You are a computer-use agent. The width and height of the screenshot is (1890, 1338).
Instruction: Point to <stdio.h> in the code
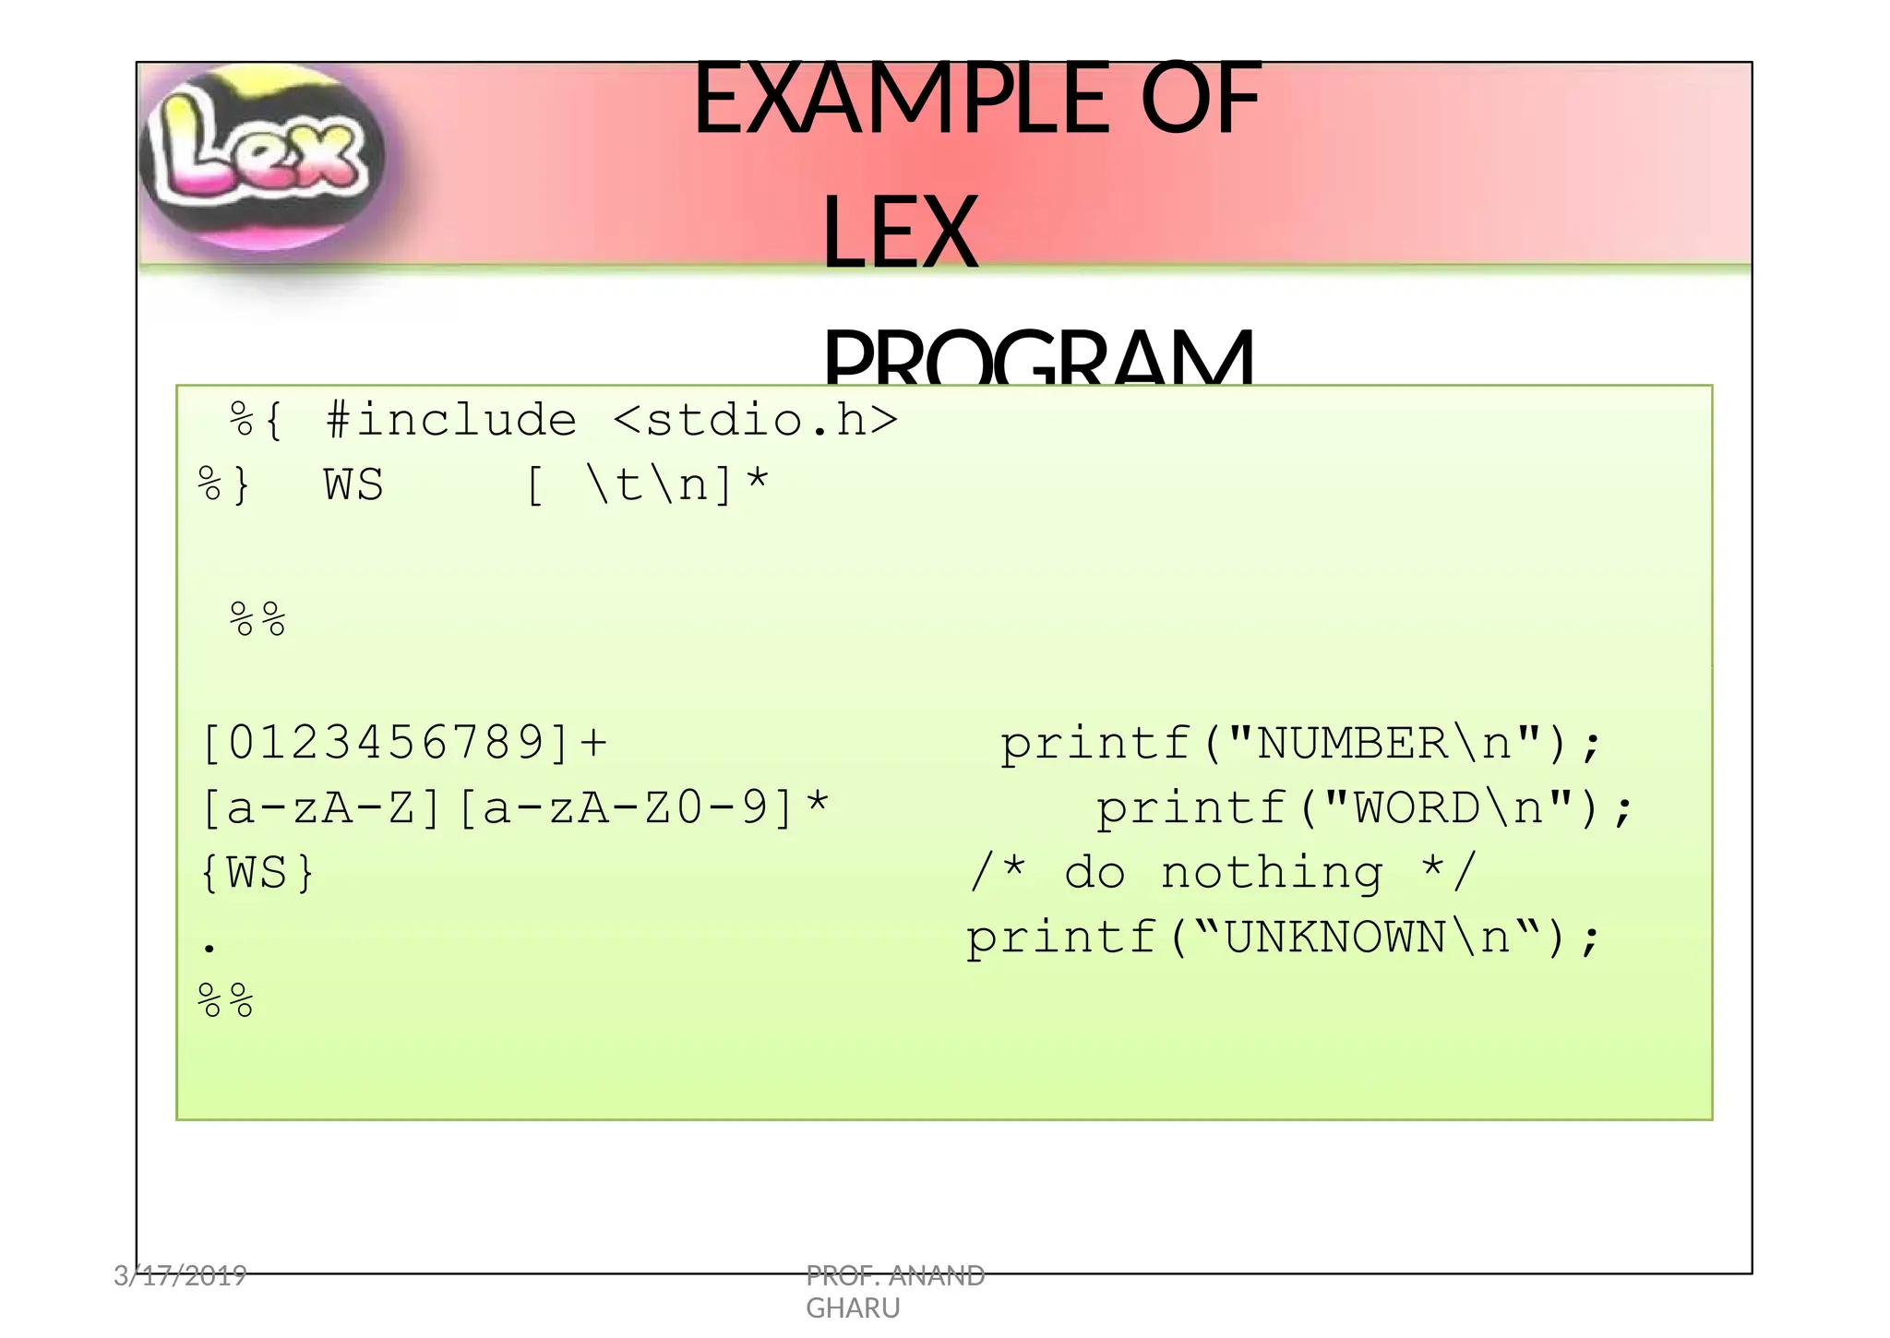(x=755, y=421)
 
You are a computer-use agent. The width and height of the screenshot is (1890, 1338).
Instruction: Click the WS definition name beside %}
(x=353, y=485)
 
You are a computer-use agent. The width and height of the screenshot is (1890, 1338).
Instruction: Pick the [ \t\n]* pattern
(x=647, y=485)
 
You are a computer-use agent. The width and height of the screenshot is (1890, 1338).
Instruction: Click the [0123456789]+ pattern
(x=404, y=743)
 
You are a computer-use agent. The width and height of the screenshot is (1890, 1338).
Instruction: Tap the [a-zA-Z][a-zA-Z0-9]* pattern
(x=515, y=808)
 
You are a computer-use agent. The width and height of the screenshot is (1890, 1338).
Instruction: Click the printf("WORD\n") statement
(x=1364, y=808)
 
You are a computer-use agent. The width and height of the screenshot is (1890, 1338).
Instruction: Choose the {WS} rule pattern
(x=257, y=873)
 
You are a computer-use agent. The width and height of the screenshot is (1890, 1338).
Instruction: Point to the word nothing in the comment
(x=1272, y=873)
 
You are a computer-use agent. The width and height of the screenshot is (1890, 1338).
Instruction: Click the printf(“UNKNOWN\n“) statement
(x=1283, y=938)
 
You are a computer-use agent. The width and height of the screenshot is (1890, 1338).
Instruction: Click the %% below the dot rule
(x=226, y=1001)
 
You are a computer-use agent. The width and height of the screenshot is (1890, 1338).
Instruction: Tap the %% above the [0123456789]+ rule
(x=257, y=619)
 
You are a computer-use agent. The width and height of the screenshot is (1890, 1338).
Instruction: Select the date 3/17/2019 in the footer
(x=180, y=1276)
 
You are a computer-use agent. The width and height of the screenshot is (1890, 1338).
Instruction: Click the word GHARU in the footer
(x=853, y=1308)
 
